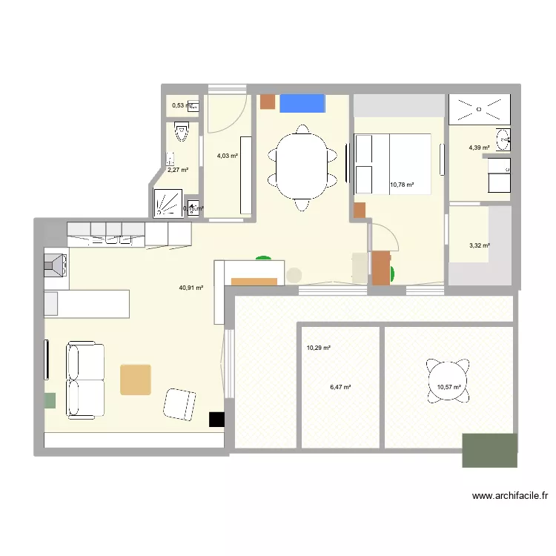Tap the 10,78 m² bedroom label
click(x=401, y=185)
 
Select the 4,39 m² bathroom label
click(x=479, y=148)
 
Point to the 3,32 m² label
click(x=479, y=245)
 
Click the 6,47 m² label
click(x=340, y=386)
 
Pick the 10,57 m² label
click(x=449, y=386)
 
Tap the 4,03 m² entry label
click(x=227, y=156)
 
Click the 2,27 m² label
click(x=177, y=170)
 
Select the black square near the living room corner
click(x=216, y=420)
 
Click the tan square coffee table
click(x=136, y=379)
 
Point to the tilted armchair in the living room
click(x=180, y=405)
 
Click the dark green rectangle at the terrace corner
click(x=489, y=450)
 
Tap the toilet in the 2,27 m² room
click(x=182, y=133)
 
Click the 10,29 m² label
click(x=318, y=348)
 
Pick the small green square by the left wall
click(x=50, y=400)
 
